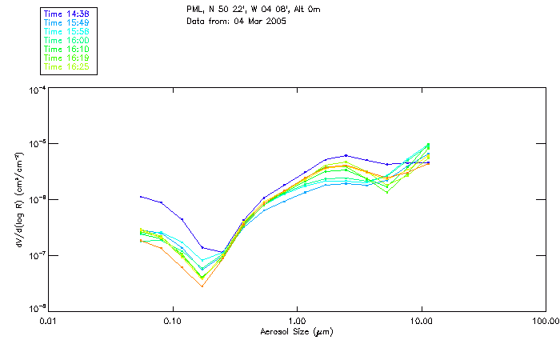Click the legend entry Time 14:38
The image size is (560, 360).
click(x=66, y=14)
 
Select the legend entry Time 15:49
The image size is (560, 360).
click(x=66, y=22)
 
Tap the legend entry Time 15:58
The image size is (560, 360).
click(x=66, y=31)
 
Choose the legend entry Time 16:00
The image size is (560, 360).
click(x=66, y=40)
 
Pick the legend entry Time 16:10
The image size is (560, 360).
click(x=66, y=49)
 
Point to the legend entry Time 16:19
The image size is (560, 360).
click(x=66, y=58)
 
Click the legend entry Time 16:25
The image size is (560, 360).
click(x=66, y=66)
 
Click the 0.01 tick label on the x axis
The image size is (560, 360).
click(x=49, y=322)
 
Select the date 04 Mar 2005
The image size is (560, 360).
click(x=259, y=21)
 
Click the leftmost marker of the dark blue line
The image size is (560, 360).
click(x=141, y=197)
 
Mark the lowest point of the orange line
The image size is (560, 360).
click(x=202, y=286)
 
